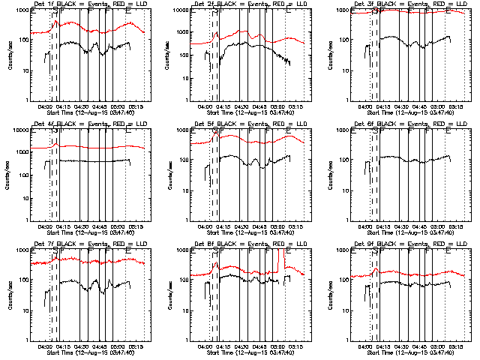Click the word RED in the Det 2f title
[281, 5]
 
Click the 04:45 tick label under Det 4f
[100, 226]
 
